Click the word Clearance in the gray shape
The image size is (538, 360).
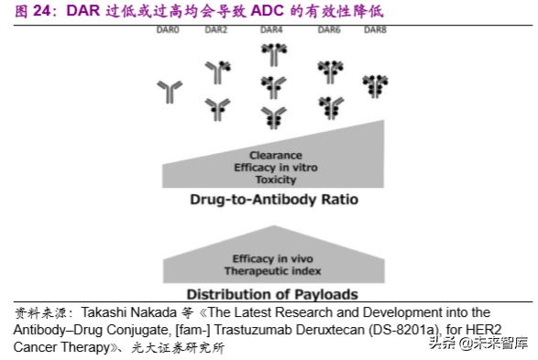(275, 156)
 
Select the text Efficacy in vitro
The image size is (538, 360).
(275, 168)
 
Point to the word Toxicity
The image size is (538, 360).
(275, 180)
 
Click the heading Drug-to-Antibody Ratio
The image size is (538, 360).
(273, 200)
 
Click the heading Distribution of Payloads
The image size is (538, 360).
(272, 294)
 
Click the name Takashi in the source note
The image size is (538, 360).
(109, 312)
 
